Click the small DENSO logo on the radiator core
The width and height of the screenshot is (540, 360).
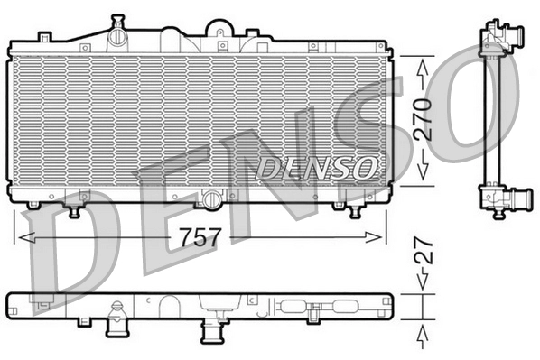[x=317, y=166]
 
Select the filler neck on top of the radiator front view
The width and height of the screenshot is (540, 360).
[x=116, y=35]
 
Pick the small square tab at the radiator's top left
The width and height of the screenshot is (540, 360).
[x=43, y=36]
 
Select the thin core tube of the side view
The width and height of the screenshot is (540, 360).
[x=492, y=117]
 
